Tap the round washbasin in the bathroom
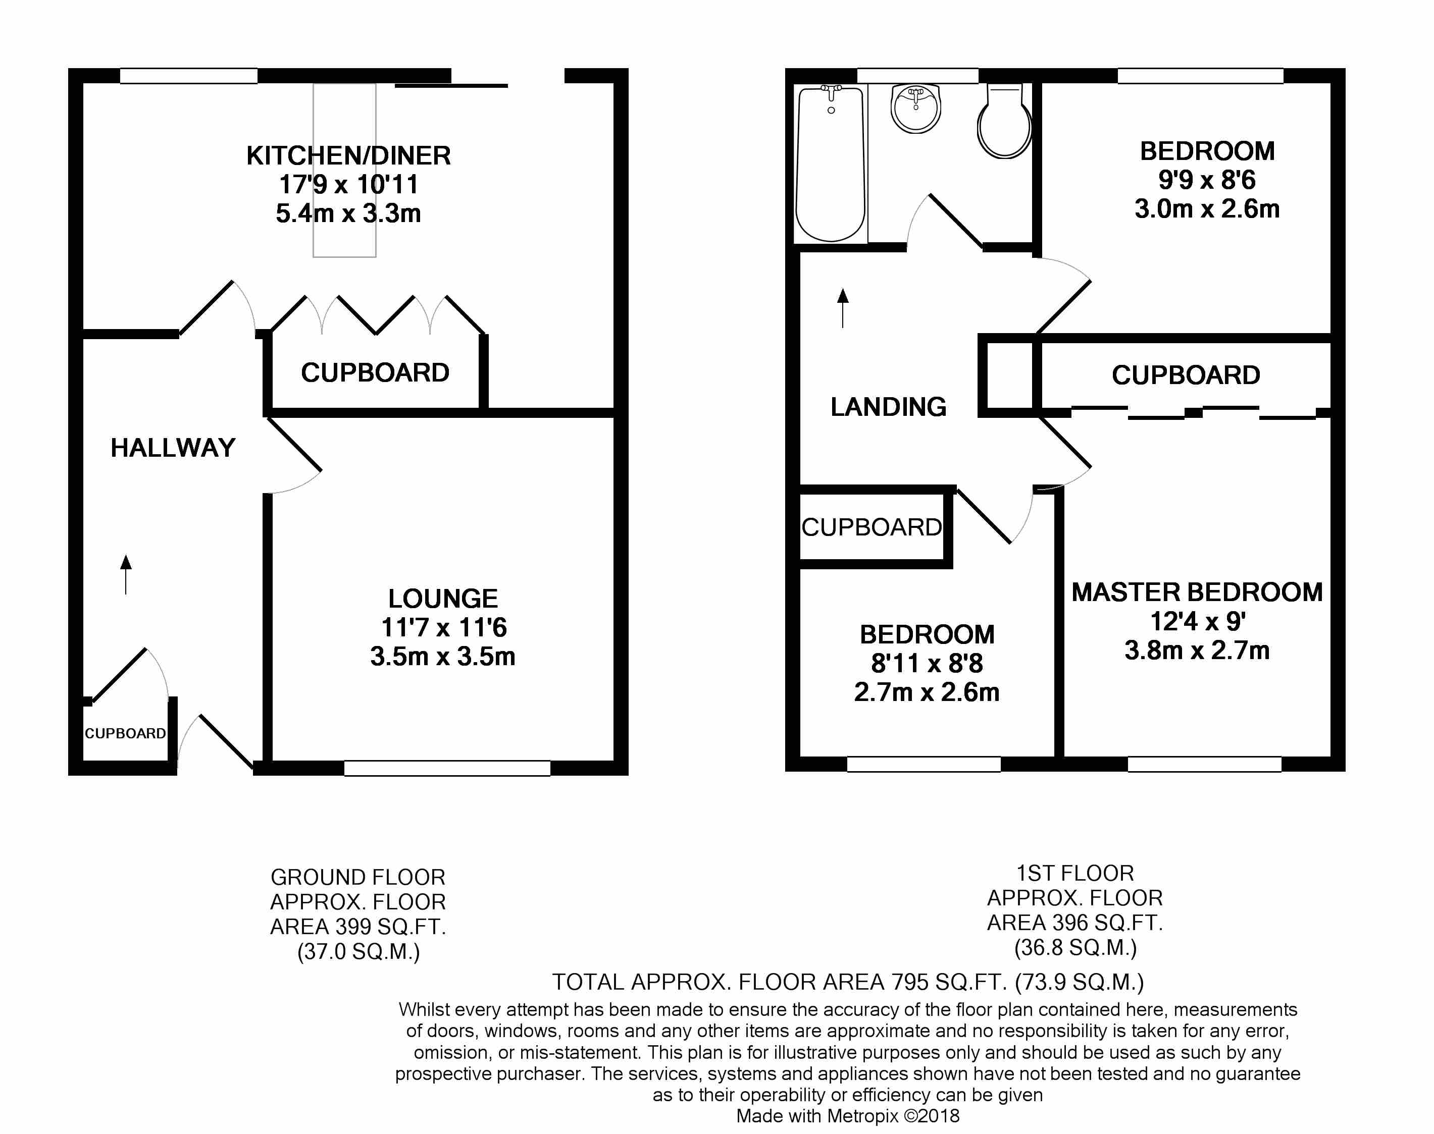pyautogui.click(x=916, y=108)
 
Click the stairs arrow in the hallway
pyautogui.click(x=126, y=574)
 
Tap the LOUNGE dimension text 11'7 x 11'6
pyautogui.click(x=443, y=627)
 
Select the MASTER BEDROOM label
pyautogui.click(x=1197, y=592)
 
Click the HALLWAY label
pyautogui.click(x=173, y=448)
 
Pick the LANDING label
pyautogui.click(x=888, y=407)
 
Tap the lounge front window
pyautogui.click(x=447, y=768)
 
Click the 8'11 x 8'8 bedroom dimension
pyautogui.click(x=927, y=663)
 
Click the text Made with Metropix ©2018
pyautogui.click(x=847, y=1116)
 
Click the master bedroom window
pyautogui.click(x=1204, y=764)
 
